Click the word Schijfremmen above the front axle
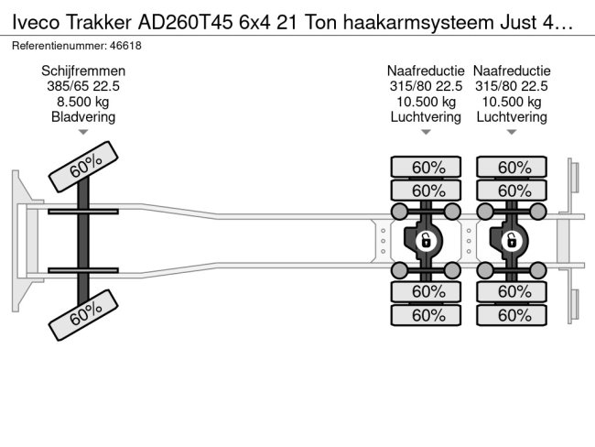(x=83, y=71)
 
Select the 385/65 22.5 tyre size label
(x=83, y=86)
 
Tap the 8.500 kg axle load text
(x=83, y=102)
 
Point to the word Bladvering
(x=83, y=117)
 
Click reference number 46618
(x=125, y=46)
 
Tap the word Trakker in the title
(x=99, y=23)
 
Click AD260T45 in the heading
(x=185, y=23)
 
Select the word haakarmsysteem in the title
(x=418, y=23)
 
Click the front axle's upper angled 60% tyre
(x=83, y=167)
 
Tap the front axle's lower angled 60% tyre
(x=83, y=315)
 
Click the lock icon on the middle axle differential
(x=426, y=240)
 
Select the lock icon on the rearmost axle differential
(x=512, y=240)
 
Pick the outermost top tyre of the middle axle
(x=426, y=167)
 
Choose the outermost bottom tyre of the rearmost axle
(x=512, y=315)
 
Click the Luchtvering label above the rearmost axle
(x=512, y=117)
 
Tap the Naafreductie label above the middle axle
(x=426, y=71)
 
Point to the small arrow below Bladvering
(x=83, y=132)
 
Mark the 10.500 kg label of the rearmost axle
(x=512, y=102)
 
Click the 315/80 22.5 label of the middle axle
(x=426, y=86)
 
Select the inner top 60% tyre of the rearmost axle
(x=512, y=191)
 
